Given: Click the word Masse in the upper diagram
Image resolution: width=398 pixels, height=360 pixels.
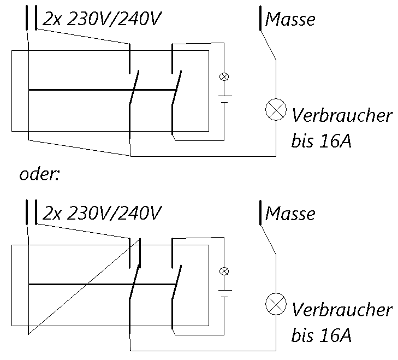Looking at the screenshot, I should point(290,20).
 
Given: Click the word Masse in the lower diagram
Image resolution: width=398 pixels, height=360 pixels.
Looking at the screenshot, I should point(290,213).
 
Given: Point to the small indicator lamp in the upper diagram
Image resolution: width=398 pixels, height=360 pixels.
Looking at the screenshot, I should point(223,76).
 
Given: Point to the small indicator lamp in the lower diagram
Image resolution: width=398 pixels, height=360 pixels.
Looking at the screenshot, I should point(223,271).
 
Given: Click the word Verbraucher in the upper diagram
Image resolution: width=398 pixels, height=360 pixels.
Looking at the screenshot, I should point(342,116).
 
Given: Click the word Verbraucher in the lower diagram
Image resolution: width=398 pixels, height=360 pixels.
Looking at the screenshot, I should point(342,310).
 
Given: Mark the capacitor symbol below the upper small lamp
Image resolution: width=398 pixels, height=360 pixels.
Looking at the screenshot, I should point(223,98).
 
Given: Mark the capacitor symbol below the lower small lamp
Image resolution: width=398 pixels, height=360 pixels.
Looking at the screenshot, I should point(223,293).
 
